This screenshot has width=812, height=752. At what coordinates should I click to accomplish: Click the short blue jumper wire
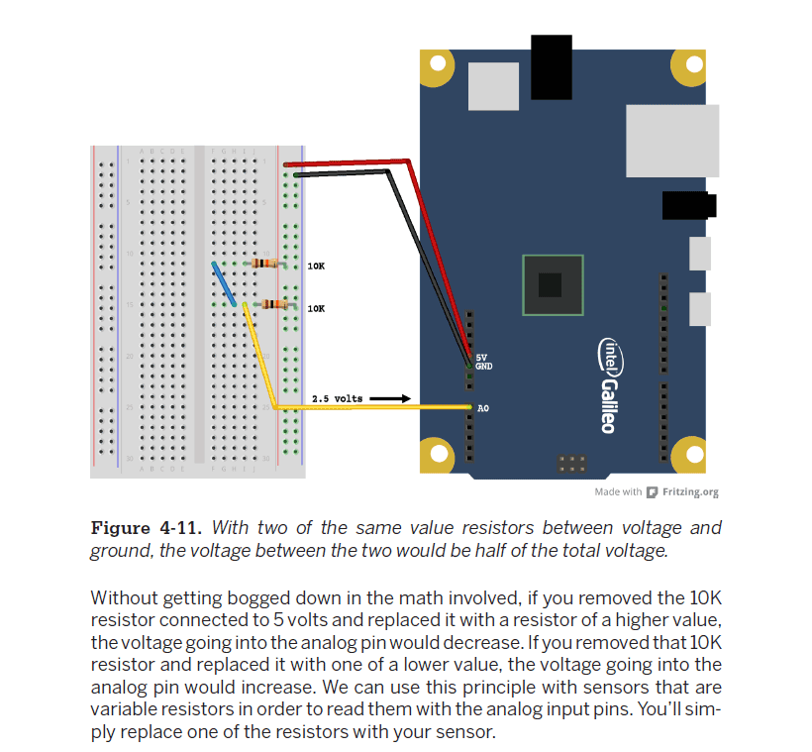(224, 284)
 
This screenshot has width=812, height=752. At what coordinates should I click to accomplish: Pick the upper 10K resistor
(264, 264)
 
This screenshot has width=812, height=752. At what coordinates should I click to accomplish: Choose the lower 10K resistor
(274, 304)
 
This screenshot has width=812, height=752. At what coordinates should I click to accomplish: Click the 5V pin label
(481, 358)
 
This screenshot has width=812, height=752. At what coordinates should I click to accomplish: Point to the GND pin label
(483, 367)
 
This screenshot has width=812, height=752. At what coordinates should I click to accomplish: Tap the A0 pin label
(483, 408)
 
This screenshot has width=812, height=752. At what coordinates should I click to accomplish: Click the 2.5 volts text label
(337, 398)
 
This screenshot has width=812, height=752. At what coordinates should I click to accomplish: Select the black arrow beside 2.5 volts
(390, 398)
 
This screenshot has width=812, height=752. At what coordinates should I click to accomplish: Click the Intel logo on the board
(611, 357)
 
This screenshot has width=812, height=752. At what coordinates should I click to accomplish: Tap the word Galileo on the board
(609, 406)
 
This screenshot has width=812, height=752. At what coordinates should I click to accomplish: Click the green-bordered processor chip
(553, 285)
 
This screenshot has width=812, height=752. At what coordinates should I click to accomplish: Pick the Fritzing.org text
(690, 491)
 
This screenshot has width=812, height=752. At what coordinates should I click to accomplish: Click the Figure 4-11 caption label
(146, 528)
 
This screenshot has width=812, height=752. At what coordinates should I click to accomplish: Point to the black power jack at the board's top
(551, 67)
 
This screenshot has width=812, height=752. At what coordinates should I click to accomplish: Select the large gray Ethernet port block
(672, 141)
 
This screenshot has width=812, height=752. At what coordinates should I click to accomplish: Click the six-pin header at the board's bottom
(571, 464)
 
